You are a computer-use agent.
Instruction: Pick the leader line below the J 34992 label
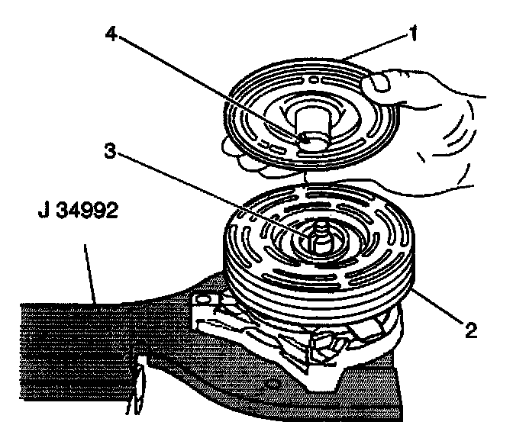(x=91, y=267)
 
